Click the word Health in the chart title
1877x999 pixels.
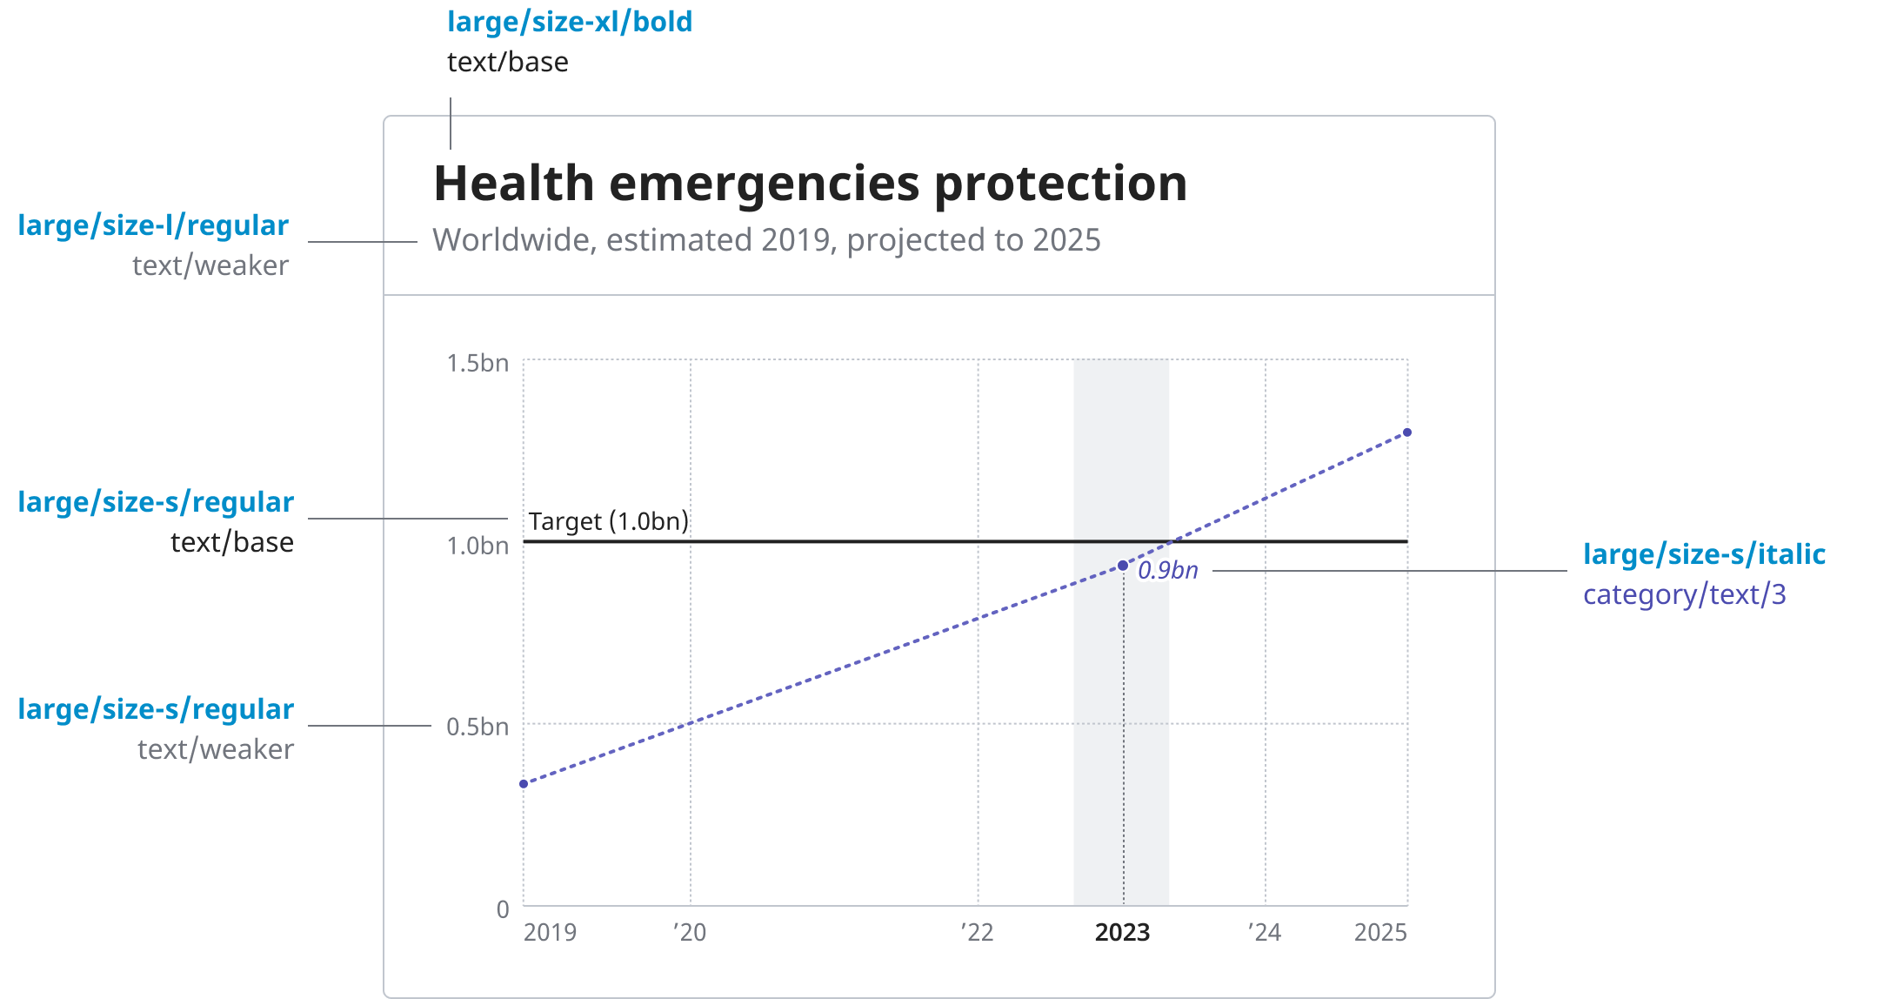click(x=513, y=184)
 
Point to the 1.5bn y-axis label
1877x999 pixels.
click(x=477, y=363)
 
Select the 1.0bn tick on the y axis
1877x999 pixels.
click(x=477, y=546)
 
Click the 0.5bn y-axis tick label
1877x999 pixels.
click(x=477, y=727)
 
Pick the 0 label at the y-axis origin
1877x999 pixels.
click(x=503, y=909)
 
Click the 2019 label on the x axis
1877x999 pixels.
click(x=550, y=932)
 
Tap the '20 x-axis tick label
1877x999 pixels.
click(x=690, y=932)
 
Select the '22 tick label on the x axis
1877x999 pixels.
click(x=977, y=932)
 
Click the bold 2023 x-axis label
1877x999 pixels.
click(x=1122, y=932)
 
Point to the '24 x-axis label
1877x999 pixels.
click(x=1264, y=932)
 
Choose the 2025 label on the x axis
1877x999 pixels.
click(x=1380, y=932)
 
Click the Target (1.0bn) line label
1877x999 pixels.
click(x=608, y=521)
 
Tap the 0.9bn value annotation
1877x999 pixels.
click(x=1167, y=570)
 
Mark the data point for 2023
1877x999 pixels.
click(x=1123, y=566)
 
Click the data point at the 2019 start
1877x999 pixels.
click(x=524, y=784)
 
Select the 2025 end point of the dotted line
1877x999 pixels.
click(x=1407, y=432)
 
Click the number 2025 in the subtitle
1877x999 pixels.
click(x=1066, y=240)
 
